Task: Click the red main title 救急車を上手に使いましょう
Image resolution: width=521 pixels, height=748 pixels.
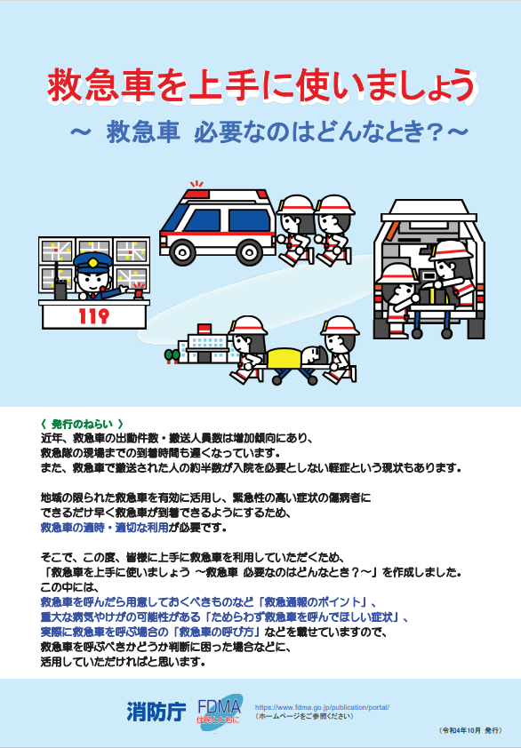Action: click(261, 85)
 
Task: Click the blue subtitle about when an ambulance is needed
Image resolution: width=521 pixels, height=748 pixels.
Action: click(269, 132)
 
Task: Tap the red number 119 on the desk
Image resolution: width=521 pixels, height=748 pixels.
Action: click(93, 315)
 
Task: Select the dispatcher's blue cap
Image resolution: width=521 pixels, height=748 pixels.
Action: click(92, 262)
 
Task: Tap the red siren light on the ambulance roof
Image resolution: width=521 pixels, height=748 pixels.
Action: click(197, 194)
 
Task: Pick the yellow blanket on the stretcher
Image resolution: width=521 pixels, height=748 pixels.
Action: click(285, 359)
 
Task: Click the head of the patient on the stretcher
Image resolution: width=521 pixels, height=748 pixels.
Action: click(314, 354)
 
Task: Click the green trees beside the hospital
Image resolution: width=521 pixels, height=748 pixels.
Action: click(172, 356)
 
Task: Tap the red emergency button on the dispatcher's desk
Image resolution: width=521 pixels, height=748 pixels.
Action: click(139, 291)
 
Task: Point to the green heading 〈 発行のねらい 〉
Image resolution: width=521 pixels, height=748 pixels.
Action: click(82, 424)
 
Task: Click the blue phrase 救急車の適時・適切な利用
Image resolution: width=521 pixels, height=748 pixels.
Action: click(104, 528)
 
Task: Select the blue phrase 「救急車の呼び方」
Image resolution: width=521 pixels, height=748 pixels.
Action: click(218, 633)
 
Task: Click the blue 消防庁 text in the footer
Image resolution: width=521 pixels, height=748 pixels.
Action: click(156, 712)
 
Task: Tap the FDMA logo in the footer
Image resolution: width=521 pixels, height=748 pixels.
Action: click(220, 711)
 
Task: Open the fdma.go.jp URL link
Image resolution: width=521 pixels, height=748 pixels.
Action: click(322, 707)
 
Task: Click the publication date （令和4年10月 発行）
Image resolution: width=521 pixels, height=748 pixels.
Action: click(469, 730)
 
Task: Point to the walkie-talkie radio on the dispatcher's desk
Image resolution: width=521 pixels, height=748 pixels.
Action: click(60, 286)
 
